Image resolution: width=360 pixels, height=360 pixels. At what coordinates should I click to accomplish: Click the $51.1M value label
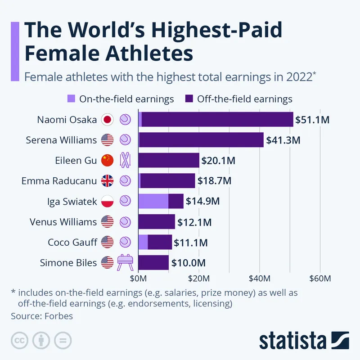click(x=313, y=120)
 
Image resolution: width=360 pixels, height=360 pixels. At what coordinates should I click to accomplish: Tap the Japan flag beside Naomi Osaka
click(x=107, y=120)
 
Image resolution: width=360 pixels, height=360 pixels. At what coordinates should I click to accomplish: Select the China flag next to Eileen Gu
click(x=107, y=160)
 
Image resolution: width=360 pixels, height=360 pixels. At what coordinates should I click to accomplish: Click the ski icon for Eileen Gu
click(x=125, y=160)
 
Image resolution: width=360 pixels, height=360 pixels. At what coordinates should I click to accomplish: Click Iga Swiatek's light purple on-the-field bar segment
click(x=153, y=201)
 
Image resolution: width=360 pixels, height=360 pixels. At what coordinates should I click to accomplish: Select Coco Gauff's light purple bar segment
click(x=143, y=242)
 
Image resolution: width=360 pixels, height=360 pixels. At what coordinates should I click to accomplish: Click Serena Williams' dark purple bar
click(x=201, y=140)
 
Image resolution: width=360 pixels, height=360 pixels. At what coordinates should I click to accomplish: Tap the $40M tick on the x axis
click(x=259, y=278)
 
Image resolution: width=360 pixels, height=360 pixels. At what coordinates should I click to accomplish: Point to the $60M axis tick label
click(x=319, y=278)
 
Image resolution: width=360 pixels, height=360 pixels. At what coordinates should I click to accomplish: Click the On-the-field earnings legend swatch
click(x=71, y=99)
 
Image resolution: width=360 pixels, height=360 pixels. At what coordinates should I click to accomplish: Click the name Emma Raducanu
click(x=59, y=181)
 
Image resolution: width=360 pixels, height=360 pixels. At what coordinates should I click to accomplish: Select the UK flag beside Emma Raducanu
click(x=107, y=181)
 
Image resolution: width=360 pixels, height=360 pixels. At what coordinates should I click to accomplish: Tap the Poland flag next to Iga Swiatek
click(x=107, y=201)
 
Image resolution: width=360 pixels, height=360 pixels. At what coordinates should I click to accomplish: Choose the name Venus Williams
click(x=63, y=222)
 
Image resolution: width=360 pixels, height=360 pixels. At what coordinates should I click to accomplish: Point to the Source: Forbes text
click(x=42, y=315)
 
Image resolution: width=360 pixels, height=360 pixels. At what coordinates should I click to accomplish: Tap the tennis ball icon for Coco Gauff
click(x=125, y=242)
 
